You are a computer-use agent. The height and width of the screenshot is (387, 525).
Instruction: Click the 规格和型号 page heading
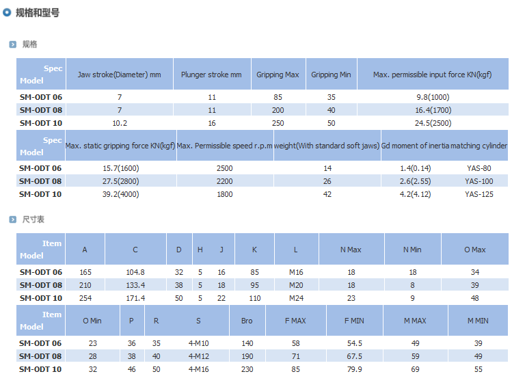coord(37,13)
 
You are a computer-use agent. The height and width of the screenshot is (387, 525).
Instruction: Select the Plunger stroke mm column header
coord(211,75)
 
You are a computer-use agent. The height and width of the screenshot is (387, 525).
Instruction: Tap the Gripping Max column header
coord(278,75)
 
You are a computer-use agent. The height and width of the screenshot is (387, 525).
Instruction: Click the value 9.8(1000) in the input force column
coord(432,97)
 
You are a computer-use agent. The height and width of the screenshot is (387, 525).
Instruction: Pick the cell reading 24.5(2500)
coord(432,123)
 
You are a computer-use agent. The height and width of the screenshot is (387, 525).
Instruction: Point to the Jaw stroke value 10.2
coord(119,123)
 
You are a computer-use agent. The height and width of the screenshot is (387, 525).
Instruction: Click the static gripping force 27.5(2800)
coord(120,181)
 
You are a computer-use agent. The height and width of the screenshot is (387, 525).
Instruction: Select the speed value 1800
coord(224,194)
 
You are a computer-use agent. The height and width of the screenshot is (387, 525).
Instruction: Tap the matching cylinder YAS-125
coord(479,194)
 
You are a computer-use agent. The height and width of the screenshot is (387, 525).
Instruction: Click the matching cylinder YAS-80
coord(478,168)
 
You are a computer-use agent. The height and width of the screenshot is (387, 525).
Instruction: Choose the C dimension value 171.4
coord(135,298)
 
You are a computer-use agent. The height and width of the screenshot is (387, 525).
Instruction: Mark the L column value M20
coord(296,285)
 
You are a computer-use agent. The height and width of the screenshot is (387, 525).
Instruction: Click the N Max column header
coord(351,250)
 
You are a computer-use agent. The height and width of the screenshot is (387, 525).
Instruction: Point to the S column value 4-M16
coord(199,369)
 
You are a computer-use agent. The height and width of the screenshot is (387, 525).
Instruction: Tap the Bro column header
coord(247,321)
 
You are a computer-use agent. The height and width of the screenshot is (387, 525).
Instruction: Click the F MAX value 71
coord(295,356)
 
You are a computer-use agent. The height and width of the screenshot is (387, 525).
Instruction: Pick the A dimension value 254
coord(85,298)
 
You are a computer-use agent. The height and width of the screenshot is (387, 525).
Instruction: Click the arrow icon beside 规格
coord(12,44)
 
